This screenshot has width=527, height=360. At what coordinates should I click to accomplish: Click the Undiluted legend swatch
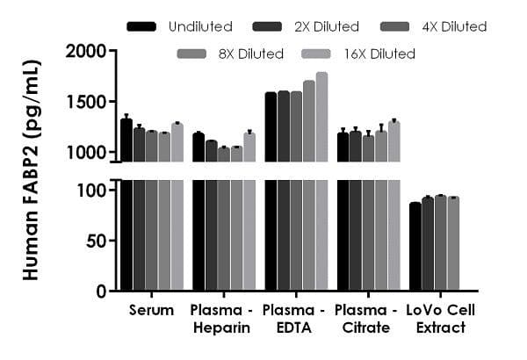pos(142,26)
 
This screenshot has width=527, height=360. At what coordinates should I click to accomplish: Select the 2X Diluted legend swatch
pos(262,26)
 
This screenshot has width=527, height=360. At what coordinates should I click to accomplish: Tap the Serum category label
pos(151,310)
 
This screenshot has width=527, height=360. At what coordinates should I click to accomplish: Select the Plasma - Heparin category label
pos(223,319)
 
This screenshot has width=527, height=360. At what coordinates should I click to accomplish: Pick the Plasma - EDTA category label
pos(295,319)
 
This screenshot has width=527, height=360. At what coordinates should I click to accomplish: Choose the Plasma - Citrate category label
pos(368,319)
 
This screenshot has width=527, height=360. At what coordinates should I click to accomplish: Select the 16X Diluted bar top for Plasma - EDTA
pos(321,73)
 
